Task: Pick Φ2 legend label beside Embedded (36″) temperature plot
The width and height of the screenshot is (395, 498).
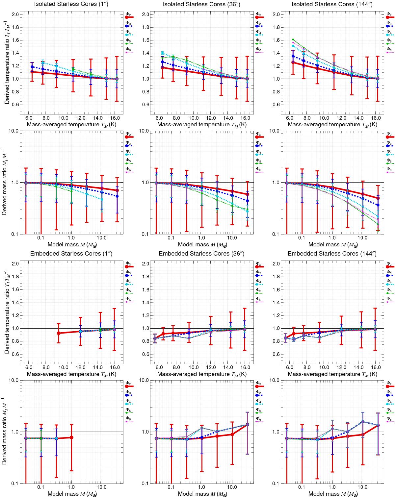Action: pos(258,264)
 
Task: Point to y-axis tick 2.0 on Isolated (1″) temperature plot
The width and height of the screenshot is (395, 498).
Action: pos(14,14)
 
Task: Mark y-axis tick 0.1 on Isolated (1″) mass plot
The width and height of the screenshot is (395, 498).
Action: pos(14,234)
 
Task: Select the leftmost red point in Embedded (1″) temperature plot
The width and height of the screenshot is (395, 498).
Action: pos(59,333)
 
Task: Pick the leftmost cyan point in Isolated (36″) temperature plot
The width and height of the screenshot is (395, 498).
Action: pos(162,53)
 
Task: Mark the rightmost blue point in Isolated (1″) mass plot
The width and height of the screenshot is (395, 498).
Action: pos(117,196)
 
